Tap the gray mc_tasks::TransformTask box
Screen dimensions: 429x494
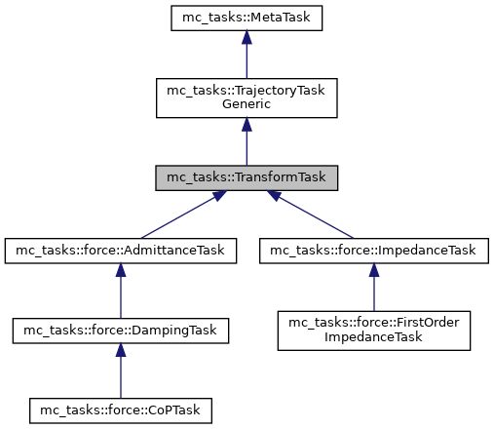pyautogui.click(x=247, y=177)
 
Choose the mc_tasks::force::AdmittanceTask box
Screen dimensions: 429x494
pyautogui.click(x=120, y=251)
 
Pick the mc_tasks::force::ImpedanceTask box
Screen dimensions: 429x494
pyautogui.click(x=373, y=251)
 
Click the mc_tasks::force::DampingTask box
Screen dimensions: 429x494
pyautogui.click(x=120, y=331)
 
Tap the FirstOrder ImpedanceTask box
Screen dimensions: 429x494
pyautogui.click(x=373, y=331)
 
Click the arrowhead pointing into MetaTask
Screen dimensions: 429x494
pyautogui.click(x=247, y=37)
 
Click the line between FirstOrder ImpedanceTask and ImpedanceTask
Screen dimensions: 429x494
pyautogui.click(x=373, y=294)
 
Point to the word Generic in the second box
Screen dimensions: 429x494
pyautogui.click(x=247, y=104)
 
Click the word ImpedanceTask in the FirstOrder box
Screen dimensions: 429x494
pyautogui.click(x=373, y=338)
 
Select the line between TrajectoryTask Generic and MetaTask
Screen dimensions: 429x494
pyautogui.click(x=247, y=58)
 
